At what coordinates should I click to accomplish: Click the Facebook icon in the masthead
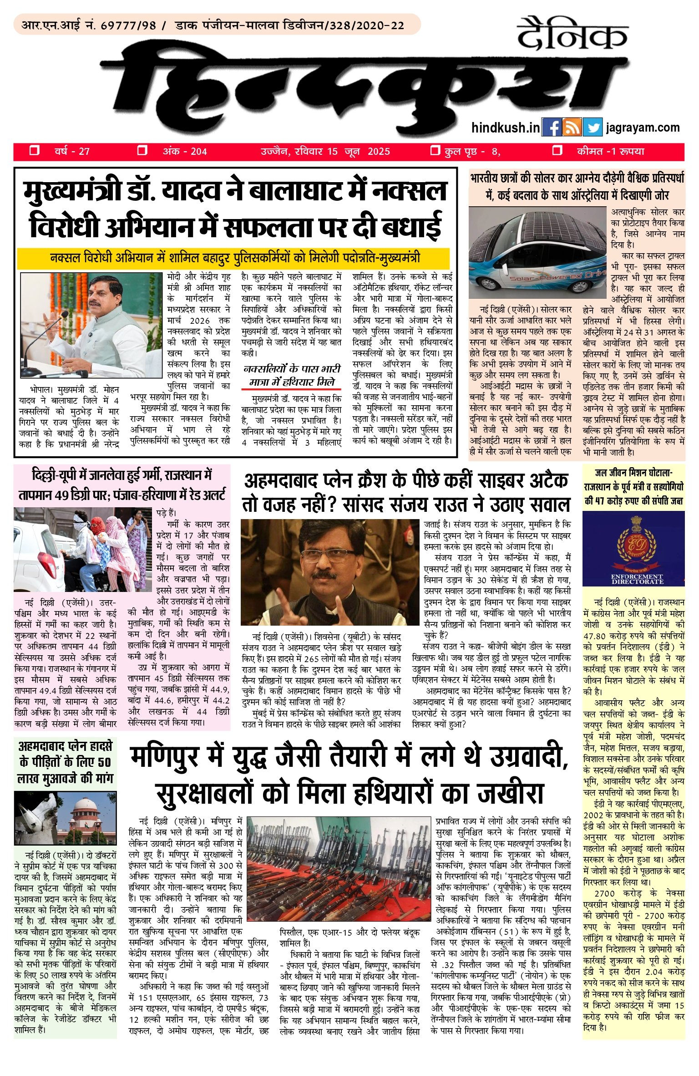(x=552, y=127)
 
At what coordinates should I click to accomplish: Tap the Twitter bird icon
(x=593, y=127)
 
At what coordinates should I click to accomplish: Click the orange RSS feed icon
(x=572, y=127)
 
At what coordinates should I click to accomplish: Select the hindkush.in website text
(x=506, y=127)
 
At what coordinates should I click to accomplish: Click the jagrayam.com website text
(x=643, y=127)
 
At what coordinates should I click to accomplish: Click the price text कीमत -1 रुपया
(x=610, y=152)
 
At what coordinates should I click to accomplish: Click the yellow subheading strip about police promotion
(x=233, y=258)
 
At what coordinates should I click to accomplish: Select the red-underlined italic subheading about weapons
(x=292, y=375)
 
